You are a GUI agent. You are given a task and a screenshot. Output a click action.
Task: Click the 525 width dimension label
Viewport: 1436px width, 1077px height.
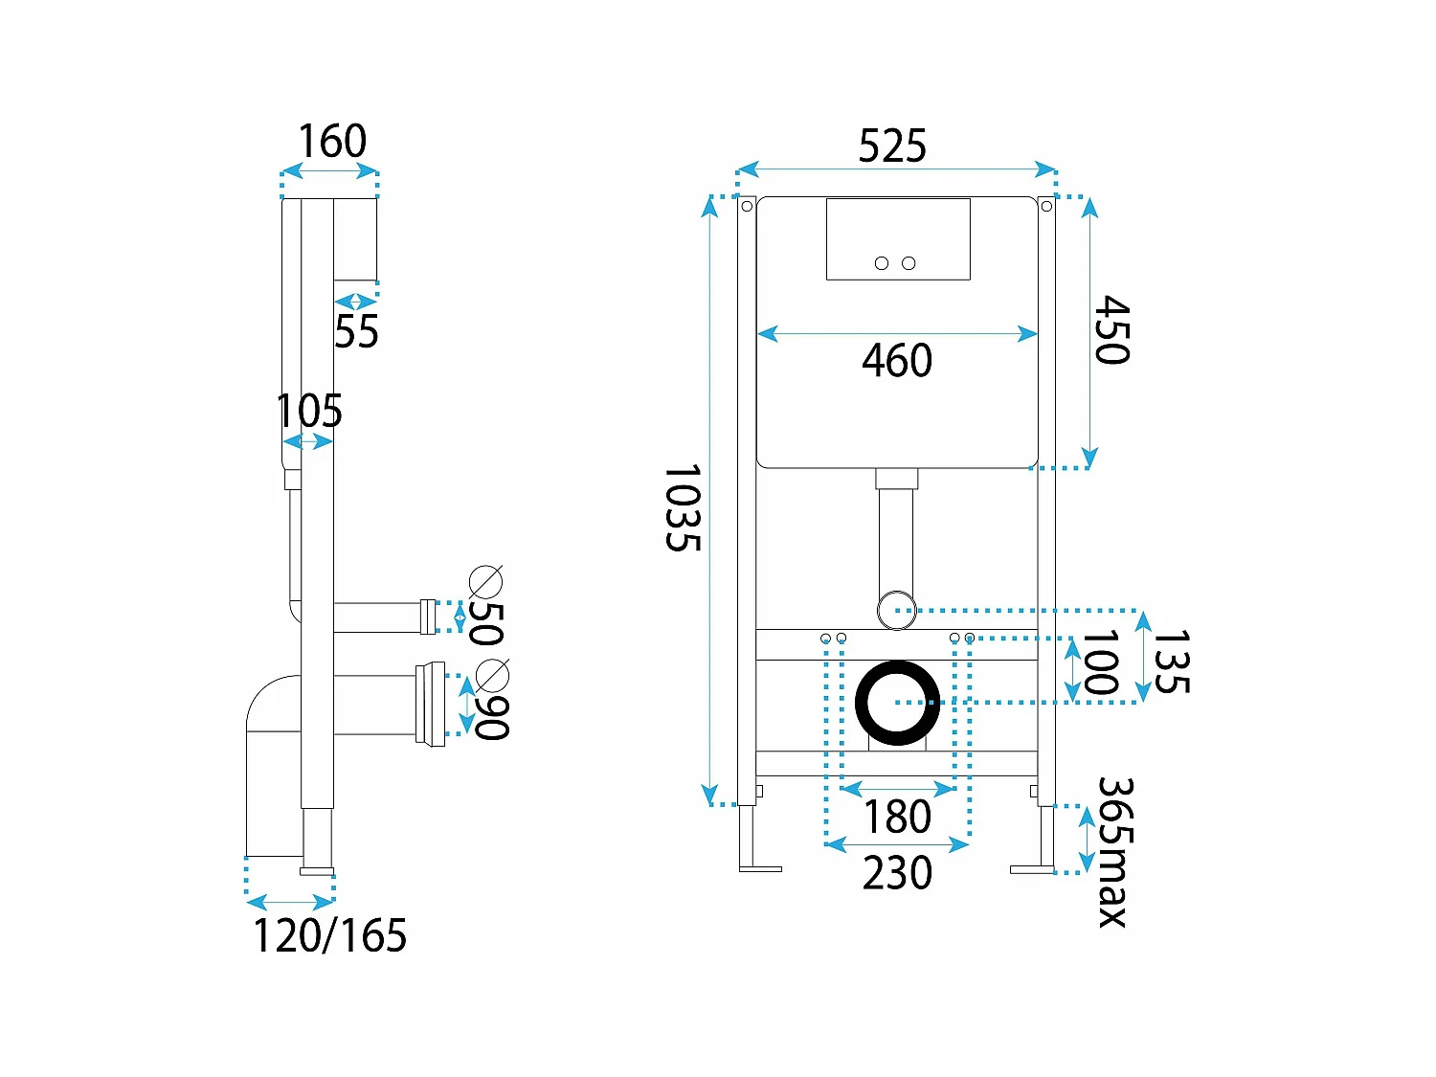click(892, 146)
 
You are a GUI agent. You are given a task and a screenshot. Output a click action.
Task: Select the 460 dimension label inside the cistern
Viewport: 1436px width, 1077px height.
click(897, 361)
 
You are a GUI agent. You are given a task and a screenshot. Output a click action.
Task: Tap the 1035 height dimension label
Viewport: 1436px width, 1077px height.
click(683, 507)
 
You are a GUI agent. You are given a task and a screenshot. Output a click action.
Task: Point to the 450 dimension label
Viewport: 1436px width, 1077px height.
click(1112, 330)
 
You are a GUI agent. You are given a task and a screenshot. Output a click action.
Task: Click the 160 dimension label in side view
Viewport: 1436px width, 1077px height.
click(331, 142)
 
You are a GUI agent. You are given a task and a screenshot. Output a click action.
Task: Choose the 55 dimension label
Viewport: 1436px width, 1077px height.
click(356, 332)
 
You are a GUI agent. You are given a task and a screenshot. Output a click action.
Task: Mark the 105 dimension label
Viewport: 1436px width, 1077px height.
click(309, 412)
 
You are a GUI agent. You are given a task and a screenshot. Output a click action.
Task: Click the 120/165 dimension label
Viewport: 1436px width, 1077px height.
click(329, 935)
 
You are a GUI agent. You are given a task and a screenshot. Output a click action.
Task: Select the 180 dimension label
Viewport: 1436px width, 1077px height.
click(897, 817)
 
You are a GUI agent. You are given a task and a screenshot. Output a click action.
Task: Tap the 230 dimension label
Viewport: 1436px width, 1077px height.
click(897, 873)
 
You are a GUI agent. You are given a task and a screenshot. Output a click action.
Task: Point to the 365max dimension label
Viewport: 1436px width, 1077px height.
click(1113, 852)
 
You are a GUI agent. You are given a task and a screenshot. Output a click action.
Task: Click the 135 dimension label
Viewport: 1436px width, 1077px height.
click(1172, 662)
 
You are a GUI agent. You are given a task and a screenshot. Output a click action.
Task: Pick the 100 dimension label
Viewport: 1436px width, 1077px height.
click(1100, 662)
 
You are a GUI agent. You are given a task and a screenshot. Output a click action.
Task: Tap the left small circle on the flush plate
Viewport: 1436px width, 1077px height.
click(882, 263)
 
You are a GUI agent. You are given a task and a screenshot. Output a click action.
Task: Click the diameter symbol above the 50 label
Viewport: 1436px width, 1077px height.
click(485, 581)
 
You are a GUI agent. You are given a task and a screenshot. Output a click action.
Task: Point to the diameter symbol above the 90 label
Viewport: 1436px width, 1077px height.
click(492, 675)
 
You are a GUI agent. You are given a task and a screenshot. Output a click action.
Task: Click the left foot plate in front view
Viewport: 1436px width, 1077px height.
click(760, 868)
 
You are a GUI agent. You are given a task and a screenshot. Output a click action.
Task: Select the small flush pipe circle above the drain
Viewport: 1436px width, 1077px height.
click(897, 609)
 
